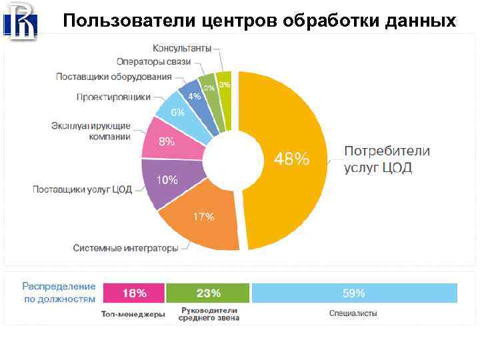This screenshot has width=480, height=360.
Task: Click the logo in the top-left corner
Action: point(21,21)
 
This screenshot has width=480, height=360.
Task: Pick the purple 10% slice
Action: point(167,181)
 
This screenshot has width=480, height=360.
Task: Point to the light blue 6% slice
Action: point(178,112)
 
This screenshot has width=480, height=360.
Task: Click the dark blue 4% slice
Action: point(197,97)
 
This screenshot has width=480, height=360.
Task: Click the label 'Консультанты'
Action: point(182,49)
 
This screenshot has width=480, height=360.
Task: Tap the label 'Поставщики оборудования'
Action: point(114,77)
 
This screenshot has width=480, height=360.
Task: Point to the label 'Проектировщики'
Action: point(113,97)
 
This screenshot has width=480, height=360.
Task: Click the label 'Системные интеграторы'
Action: point(125,248)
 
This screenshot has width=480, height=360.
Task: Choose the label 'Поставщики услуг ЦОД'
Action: point(83,189)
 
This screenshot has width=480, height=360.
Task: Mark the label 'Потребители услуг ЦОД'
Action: point(387,159)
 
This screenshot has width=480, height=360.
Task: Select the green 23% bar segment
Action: point(208,293)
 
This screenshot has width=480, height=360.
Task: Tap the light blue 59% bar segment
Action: point(354,293)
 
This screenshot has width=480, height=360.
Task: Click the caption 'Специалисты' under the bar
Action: point(353,313)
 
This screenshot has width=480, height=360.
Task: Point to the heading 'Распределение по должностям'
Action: point(59,293)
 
